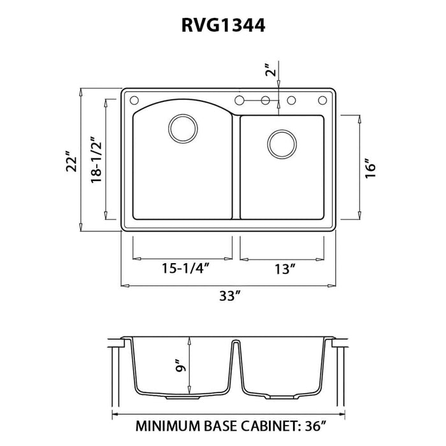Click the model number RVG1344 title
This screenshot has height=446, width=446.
coord(223,25)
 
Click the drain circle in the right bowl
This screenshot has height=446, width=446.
coord(282,144)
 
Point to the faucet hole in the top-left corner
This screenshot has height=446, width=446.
coord(134,101)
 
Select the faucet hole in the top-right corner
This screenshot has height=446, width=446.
coord(322,100)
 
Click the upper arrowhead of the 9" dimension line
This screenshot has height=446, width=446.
coord(190,340)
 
